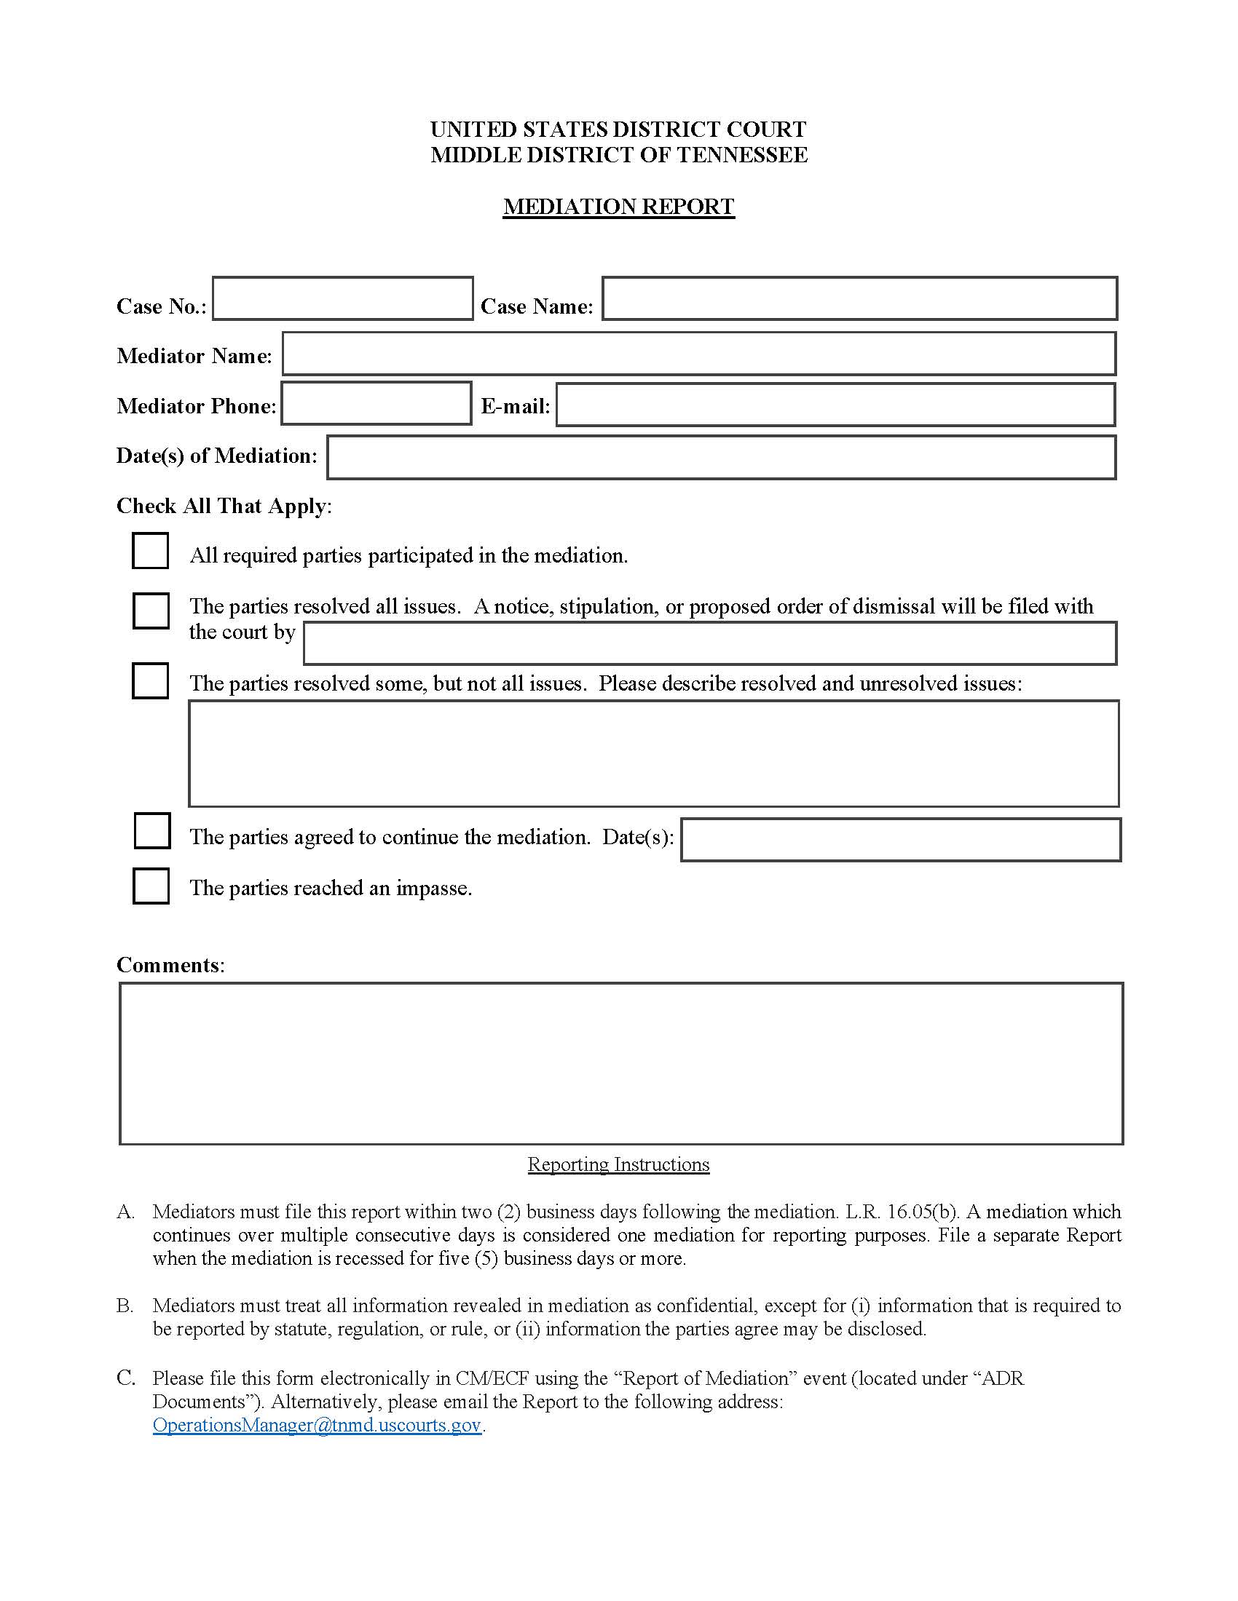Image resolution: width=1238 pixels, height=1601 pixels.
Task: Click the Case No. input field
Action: (x=342, y=298)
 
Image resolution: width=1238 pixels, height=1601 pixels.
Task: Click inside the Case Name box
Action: (x=859, y=298)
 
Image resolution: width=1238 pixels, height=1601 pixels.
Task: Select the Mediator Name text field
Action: (x=698, y=354)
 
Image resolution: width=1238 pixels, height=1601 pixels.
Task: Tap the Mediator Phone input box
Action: (x=376, y=403)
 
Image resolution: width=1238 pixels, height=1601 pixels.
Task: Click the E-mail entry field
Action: (x=835, y=404)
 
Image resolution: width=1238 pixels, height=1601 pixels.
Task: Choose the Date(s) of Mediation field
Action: (x=721, y=458)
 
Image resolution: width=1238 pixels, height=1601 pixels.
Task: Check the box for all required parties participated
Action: (x=150, y=551)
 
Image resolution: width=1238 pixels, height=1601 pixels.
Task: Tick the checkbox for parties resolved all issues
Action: (x=151, y=611)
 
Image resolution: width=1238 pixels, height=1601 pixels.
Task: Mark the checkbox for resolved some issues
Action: (x=150, y=680)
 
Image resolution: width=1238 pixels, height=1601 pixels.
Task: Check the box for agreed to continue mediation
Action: (x=152, y=830)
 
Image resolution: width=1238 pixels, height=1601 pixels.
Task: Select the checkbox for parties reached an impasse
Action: (x=151, y=886)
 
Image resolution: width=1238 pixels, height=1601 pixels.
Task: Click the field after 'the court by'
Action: (x=709, y=643)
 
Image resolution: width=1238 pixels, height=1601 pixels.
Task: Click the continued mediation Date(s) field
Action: (x=900, y=839)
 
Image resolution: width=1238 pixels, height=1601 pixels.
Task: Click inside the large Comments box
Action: (x=620, y=1063)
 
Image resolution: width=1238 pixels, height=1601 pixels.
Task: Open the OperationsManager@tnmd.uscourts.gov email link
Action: (x=317, y=1424)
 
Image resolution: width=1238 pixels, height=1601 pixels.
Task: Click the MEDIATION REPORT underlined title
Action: (x=618, y=207)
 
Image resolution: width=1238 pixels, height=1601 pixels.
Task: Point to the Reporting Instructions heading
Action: (x=618, y=1164)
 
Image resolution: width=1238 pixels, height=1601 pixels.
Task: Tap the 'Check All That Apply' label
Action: (x=223, y=506)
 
